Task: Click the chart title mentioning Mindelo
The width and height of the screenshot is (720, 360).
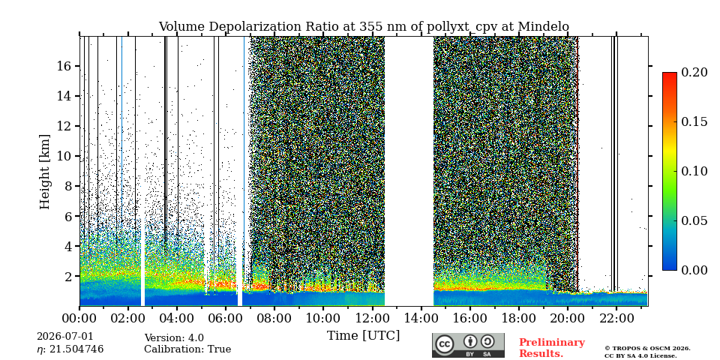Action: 364,27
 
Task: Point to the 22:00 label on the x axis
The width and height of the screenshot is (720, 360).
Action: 616,318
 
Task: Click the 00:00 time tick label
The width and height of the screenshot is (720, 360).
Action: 79,318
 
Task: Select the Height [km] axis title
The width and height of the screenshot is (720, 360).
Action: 44,172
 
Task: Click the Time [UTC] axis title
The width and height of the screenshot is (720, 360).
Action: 363,336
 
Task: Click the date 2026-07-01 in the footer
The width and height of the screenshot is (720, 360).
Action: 65,337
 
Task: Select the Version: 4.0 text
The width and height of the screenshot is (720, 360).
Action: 174,338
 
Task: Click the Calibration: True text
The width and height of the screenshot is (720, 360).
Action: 187,349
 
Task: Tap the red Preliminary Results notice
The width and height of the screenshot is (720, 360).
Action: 552,348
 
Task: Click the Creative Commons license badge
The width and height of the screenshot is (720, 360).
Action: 468,345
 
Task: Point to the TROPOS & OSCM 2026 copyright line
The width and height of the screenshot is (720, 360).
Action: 647,349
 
